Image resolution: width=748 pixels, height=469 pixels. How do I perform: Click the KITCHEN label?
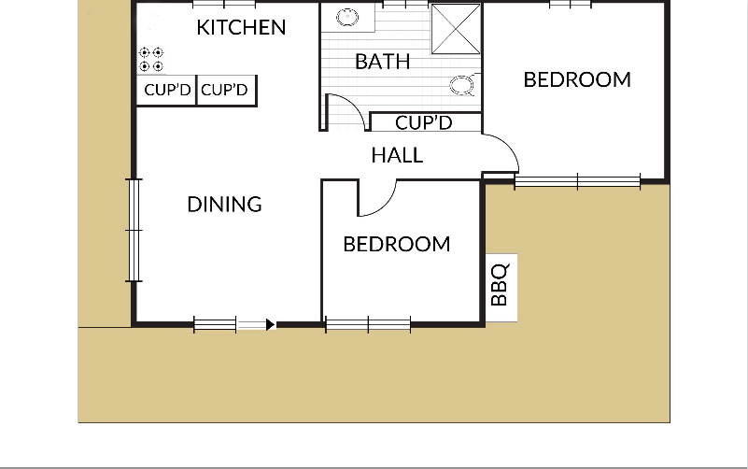point(241,28)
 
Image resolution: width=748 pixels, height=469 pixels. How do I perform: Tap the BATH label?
point(383,62)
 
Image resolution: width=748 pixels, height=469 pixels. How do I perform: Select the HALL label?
point(397,155)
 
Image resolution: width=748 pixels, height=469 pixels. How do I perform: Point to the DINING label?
point(224,205)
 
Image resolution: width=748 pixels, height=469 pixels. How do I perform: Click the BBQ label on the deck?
point(500,285)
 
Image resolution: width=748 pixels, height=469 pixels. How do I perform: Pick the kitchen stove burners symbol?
point(151,59)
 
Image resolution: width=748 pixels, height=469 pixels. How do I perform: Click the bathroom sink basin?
point(347,17)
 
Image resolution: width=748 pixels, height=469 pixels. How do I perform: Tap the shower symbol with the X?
point(456,29)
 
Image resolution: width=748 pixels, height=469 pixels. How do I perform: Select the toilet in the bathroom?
point(464,84)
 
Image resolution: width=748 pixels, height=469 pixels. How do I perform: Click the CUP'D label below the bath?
point(424,123)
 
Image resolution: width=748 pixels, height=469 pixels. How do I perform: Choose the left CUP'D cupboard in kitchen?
point(167,90)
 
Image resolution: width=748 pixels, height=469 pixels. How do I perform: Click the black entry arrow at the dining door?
point(271,325)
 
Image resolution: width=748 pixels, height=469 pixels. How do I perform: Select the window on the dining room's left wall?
point(134,230)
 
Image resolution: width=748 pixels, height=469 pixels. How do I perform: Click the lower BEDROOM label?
point(397,244)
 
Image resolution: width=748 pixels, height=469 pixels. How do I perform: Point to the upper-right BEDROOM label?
point(577,79)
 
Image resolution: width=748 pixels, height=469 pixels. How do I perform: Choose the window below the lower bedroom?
point(368,325)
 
